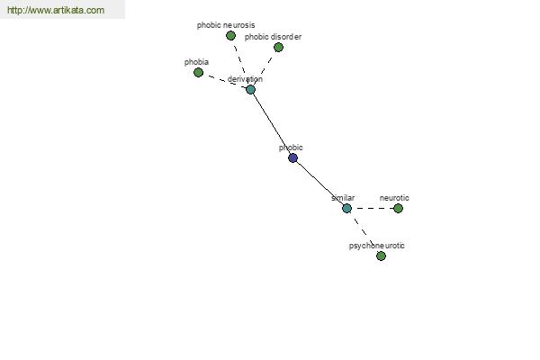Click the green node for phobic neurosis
tap(230, 35)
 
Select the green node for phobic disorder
tap(278, 47)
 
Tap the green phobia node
tap(198, 72)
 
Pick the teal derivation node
tap(251, 90)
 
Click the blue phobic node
tap(293, 158)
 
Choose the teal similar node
tap(346, 209)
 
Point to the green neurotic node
tap(398, 209)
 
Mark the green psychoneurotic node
tap(381, 256)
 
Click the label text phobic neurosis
tap(226, 25)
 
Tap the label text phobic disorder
tap(273, 37)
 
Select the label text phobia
tap(196, 62)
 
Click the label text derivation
tap(245, 79)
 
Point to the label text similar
tap(343, 198)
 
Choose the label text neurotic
tap(394, 198)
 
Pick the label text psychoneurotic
tap(377, 246)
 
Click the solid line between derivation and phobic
tap(272, 124)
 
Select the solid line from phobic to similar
tap(319, 184)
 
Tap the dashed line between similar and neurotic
tap(373, 209)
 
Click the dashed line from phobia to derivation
tap(224, 81)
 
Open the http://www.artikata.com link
tap(56, 10)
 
